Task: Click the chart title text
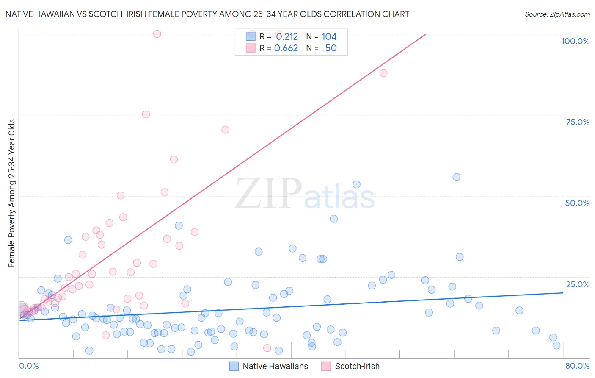(207, 14)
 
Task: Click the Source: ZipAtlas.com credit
(557, 14)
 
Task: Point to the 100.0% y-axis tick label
(575, 41)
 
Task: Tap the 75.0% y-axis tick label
(577, 122)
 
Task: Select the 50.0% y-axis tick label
(577, 203)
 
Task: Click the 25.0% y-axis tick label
(577, 284)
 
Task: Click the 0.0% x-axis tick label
(29, 366)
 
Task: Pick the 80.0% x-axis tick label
(577, 366)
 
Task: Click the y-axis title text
(11, 193)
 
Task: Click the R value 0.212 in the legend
(287, 37)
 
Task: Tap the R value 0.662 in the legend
(286, 48)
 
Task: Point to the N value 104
(329, 37)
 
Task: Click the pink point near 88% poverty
(383, 73)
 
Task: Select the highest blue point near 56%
(456, 177)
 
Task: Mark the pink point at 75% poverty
(146, 114)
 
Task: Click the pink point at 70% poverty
(225, 130)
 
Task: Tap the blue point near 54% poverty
(356, 184)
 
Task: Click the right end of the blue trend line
(563, 293)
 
